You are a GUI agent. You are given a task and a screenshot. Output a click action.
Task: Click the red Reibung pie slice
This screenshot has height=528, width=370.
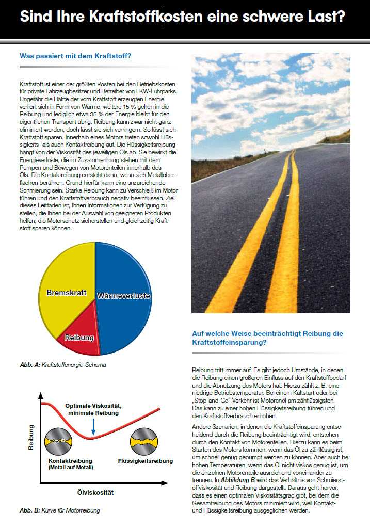81,336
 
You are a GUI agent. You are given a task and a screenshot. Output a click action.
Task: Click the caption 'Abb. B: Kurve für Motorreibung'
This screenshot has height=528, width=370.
60,510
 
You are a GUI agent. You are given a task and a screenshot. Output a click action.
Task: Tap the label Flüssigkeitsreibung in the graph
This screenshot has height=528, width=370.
146,461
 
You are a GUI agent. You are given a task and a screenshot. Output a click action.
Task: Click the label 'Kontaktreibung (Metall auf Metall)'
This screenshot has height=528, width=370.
71,463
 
